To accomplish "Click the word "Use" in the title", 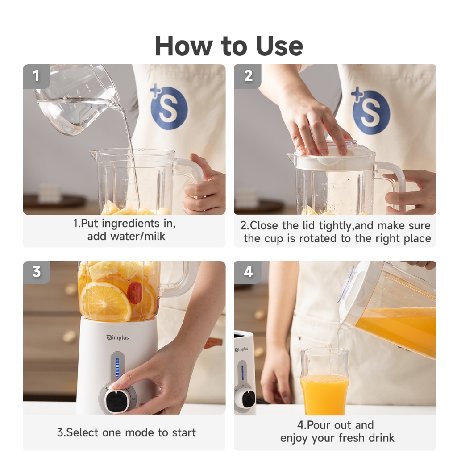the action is (x=280, y=46).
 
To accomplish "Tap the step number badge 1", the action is (x=37, y=76).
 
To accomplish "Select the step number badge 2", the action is (x=248, y=76).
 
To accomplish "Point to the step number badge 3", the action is (x=37, y=272).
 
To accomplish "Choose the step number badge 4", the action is (x=248, y=272).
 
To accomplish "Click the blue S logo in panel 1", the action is (x=168, y=107).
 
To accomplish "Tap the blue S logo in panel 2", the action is (x=370, y=111).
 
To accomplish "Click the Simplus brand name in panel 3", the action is (x=117, y=337).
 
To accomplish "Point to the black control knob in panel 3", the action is (x=116, y=400).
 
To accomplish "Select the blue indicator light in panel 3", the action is (x=117, y=368).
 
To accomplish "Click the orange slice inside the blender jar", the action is (x=105, y=300).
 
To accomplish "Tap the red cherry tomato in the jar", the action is (x=135, y=293).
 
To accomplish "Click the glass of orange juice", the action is (x=324, y=382).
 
